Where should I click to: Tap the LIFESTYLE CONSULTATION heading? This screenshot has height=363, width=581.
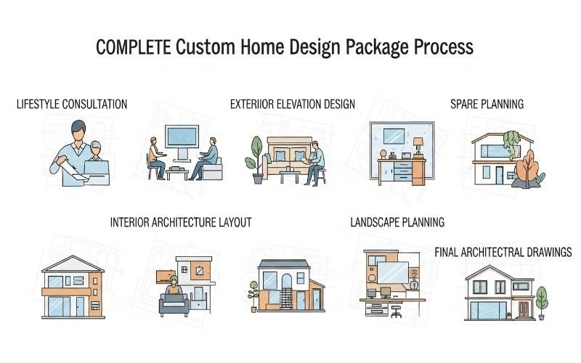coord(72,105)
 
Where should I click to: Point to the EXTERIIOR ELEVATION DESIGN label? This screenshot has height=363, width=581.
coord(292,105)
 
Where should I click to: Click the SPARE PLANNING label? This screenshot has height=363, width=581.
coord(487,105)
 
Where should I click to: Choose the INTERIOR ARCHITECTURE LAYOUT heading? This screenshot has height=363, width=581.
coord(181,223)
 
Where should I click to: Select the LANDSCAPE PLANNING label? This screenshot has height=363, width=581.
coord(397,223)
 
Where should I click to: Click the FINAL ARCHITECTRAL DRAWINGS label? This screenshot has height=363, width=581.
coord(503,253)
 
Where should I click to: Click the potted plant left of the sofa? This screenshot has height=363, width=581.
coord(256,157)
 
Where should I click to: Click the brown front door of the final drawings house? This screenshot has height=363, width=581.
coord(521,309)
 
